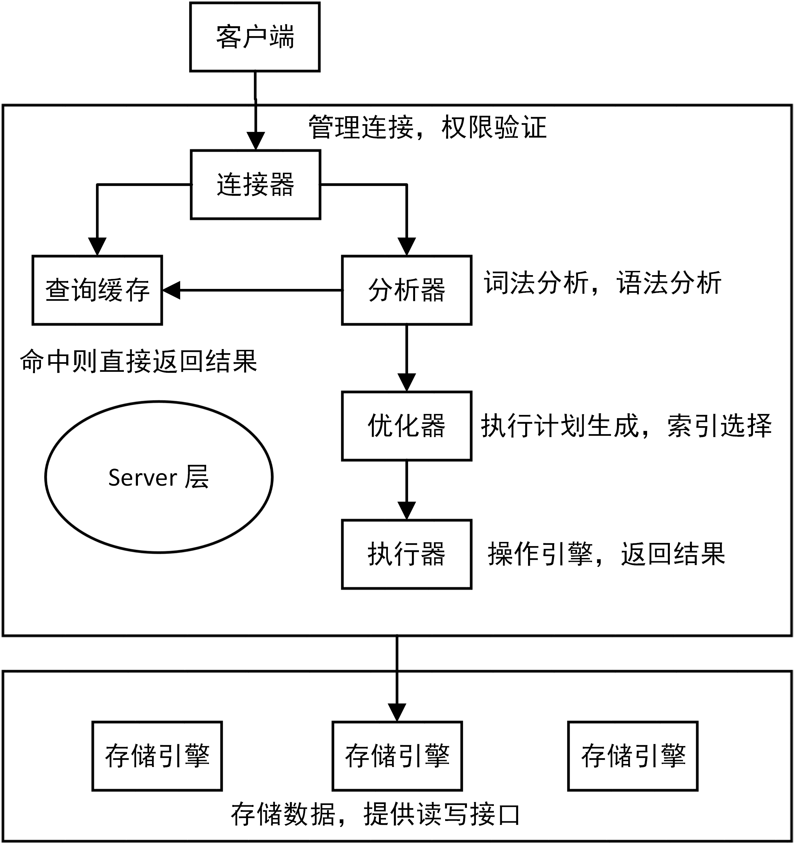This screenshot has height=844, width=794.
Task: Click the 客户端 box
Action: tap(255, 37)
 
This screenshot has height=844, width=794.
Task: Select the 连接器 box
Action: tap(255, 184)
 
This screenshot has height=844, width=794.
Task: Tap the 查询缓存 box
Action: tap(97, 291)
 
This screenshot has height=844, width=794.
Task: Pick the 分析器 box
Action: tap(407, 291)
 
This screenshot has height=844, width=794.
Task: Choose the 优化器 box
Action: tap(407, 426)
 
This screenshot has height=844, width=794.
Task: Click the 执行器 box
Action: tap(407, 554)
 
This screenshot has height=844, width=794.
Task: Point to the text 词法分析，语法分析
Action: tap(603, 283)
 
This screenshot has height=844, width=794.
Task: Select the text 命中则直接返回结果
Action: tap(139, 361)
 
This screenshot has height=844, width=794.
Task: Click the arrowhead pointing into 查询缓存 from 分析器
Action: tap(171, 291)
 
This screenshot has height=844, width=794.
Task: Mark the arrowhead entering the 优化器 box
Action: tap(407, 383)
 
